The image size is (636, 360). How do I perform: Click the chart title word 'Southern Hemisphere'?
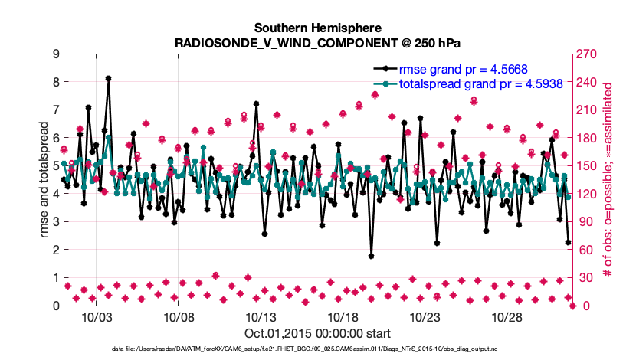pyautogui.click(x=318, y=27)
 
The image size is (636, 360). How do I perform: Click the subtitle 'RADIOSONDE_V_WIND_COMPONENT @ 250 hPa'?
pyautogui.click(x=318, y=41)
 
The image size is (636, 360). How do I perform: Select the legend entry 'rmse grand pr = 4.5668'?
pyautogui.click(x=464, y=69)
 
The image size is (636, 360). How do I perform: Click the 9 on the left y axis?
pyautogui.click(x=55, y=54)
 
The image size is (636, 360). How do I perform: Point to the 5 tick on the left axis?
pyautogui.click(x=55, y=166)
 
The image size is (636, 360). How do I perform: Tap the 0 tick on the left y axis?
pyautogui.click(x=55, y=306)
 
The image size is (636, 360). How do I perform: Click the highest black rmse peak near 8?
pyautogui.click(x=109, y=78)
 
